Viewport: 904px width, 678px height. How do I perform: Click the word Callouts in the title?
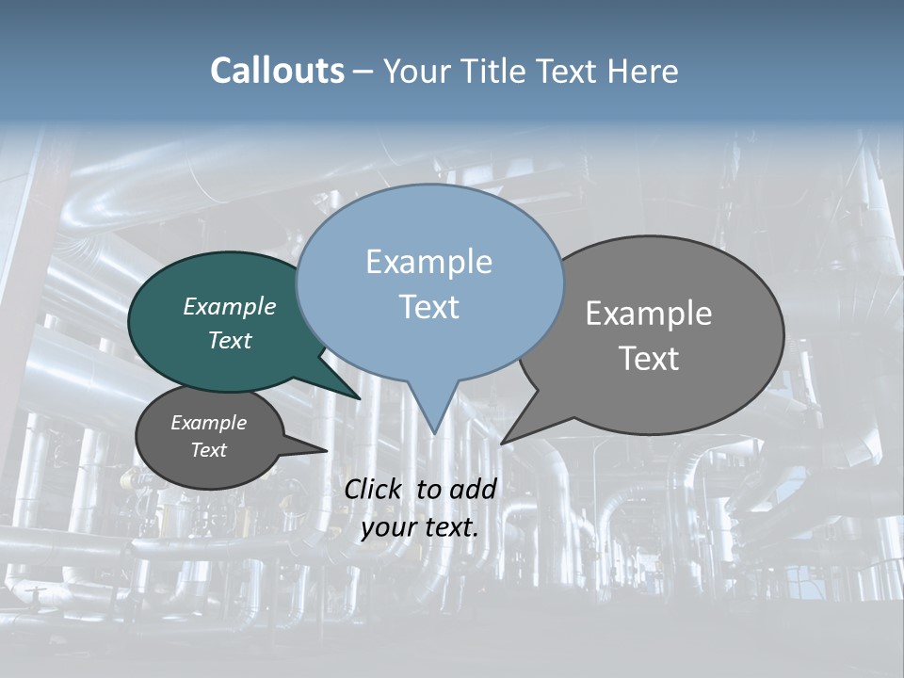[x=278, y=72]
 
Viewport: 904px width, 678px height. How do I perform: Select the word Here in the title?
[x=643, y=72]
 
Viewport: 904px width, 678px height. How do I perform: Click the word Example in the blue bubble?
[x=428, y=262]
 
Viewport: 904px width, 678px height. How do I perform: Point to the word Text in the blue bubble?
[x=428, y=307]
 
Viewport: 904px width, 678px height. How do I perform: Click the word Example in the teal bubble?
[x=230, y=306]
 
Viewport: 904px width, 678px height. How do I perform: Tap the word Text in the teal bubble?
[x=230, y=340]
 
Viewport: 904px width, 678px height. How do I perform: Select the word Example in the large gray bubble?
[x=649, y=314]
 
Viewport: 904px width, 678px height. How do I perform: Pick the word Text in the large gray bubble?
[x=649, y=359]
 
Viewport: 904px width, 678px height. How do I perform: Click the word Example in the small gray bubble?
[x=208, y=423]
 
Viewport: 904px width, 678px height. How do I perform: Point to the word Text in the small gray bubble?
[x=208, y=450]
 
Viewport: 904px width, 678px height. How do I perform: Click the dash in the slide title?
[x=364, y=72]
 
